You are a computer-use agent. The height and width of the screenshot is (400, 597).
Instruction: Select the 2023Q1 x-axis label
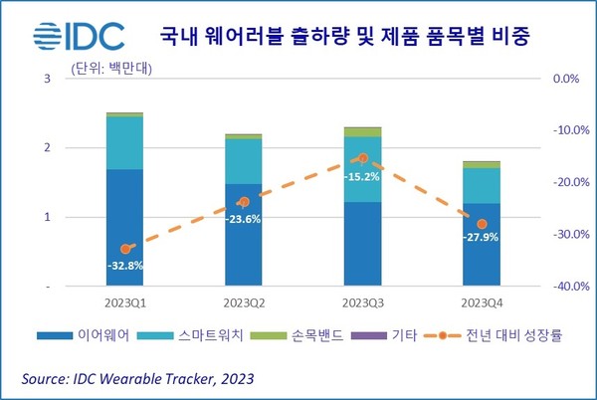(x=125, y=301)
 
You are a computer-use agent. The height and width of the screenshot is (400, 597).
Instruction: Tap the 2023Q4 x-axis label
(x=483, y=301)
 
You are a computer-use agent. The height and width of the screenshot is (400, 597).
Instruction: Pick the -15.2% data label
(x=362, y=177)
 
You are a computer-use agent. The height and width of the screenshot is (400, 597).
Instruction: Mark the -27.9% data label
(x=482, y=240)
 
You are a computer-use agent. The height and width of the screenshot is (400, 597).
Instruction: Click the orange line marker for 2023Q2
(x=244, y=201)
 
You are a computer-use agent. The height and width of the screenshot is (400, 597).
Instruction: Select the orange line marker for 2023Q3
(x=363, y=158)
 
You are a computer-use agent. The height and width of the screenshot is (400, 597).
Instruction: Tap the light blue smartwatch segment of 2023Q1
(x=125, y=143)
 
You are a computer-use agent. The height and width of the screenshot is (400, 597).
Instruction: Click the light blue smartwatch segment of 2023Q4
(x=483, y=186)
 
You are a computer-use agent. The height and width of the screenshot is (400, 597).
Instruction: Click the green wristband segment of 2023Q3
(x=363, y=132)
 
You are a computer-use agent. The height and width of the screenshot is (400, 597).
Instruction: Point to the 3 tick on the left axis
(x=76, y=79)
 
